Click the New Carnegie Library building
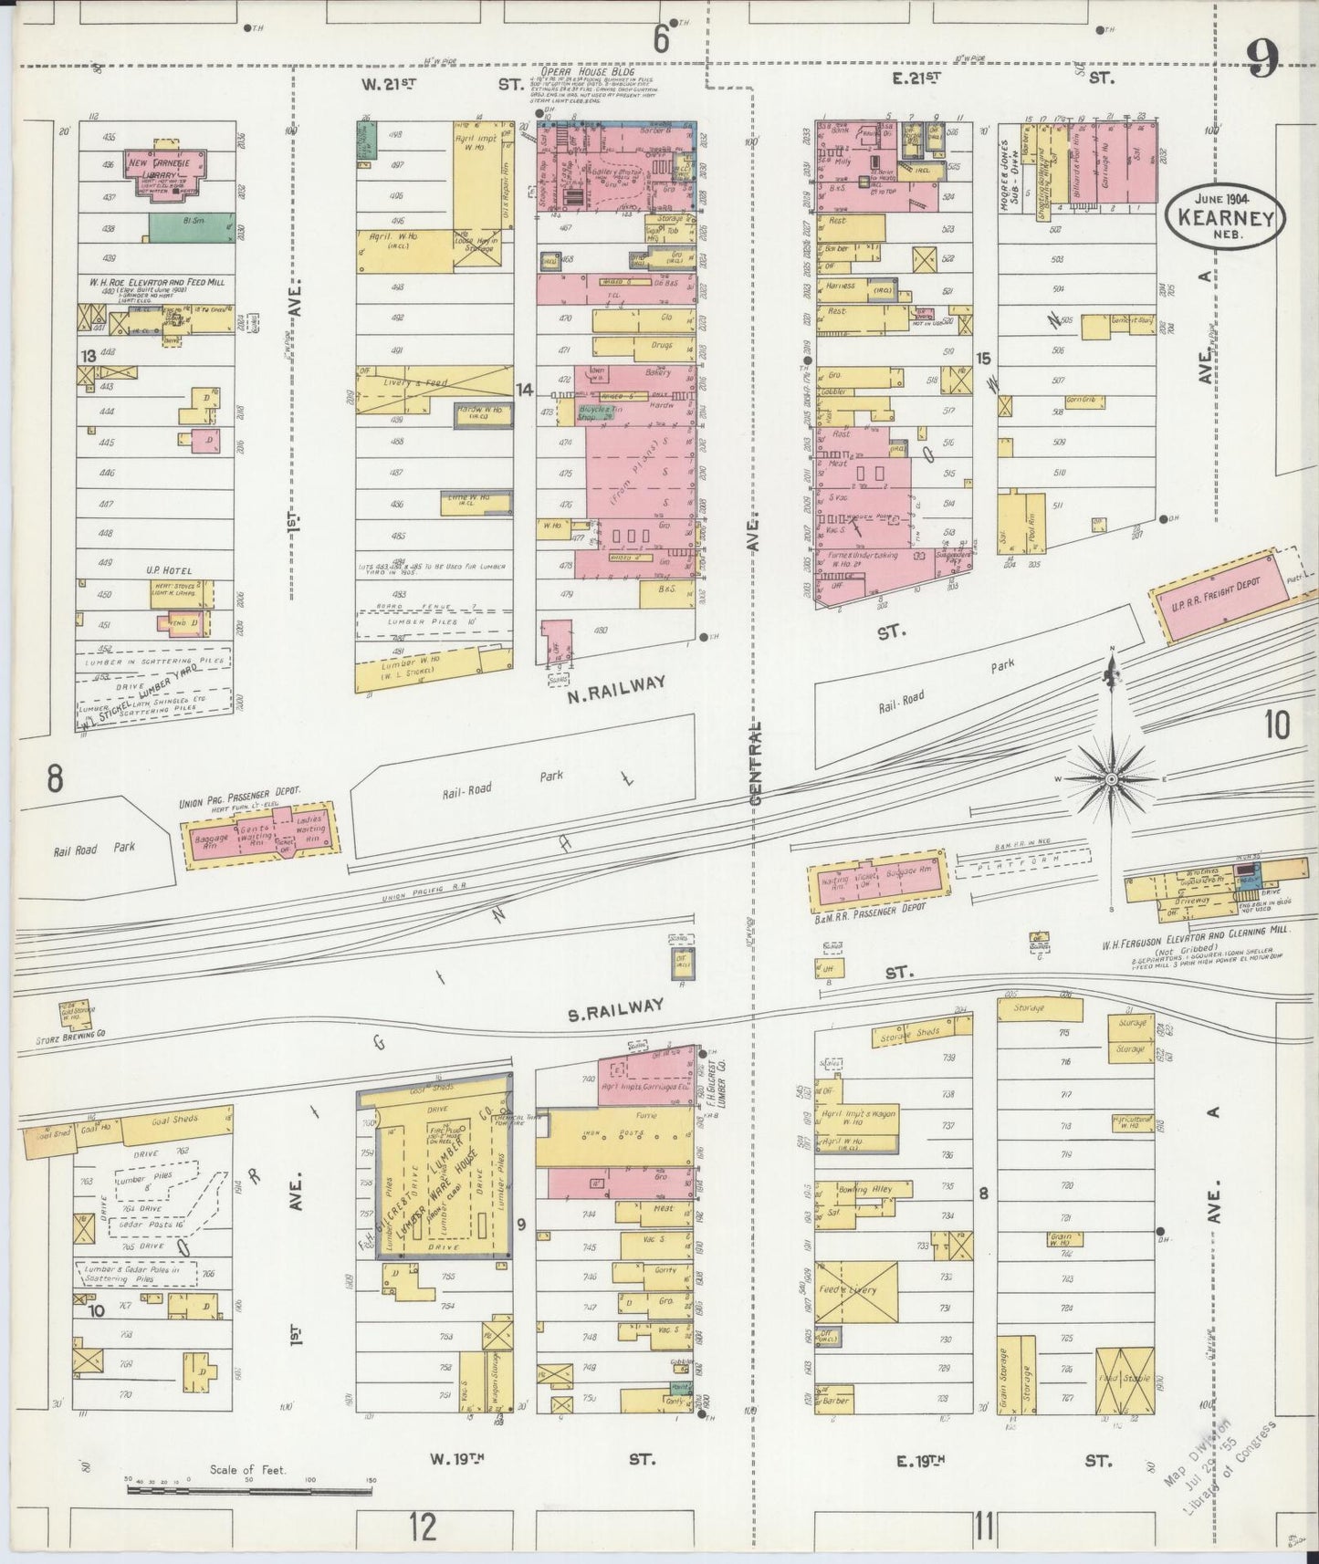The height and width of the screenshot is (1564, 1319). (166, 170)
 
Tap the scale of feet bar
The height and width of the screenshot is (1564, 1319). (250, 1489)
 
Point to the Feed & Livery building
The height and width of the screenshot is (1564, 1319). (856, 1290)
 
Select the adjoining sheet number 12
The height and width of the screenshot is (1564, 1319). (423, 1524)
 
